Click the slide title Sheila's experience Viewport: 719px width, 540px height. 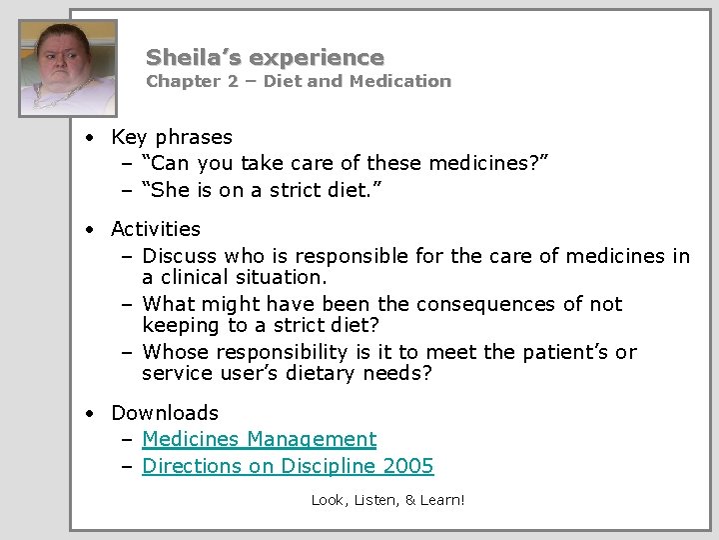coord(265,57)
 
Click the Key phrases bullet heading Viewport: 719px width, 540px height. coord(172,137)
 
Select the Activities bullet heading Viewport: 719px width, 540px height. coord(156,229)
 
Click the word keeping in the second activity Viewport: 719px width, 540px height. coord(181,325)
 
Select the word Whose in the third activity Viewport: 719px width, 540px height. coord(178,352)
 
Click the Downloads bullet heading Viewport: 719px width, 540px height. coord(165,413)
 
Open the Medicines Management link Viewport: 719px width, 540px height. coord(260,439)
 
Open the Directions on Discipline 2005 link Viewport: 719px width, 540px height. coord(288,466)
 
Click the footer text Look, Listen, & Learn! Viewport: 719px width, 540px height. coord(387,499)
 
